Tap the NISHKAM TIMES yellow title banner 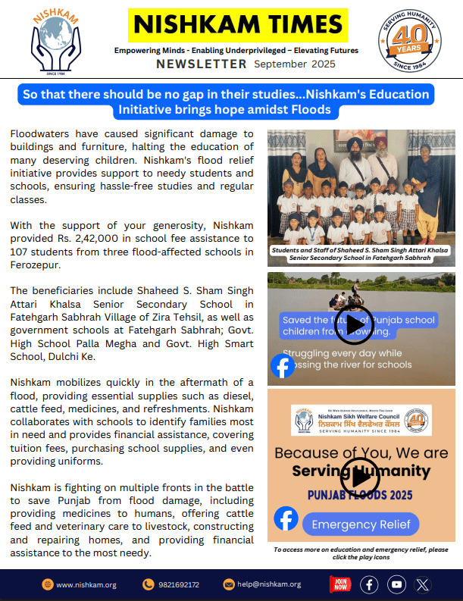[237, 25]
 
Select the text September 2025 [295, 64]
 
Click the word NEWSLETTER [202, 64]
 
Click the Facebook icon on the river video [283, 366]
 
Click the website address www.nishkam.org [86, 584]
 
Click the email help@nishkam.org [268, 584]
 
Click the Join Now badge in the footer [340, 584]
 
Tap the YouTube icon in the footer [396, 584]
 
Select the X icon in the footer [423, 584]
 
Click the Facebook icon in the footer [369, 584]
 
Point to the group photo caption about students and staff [361, 254]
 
